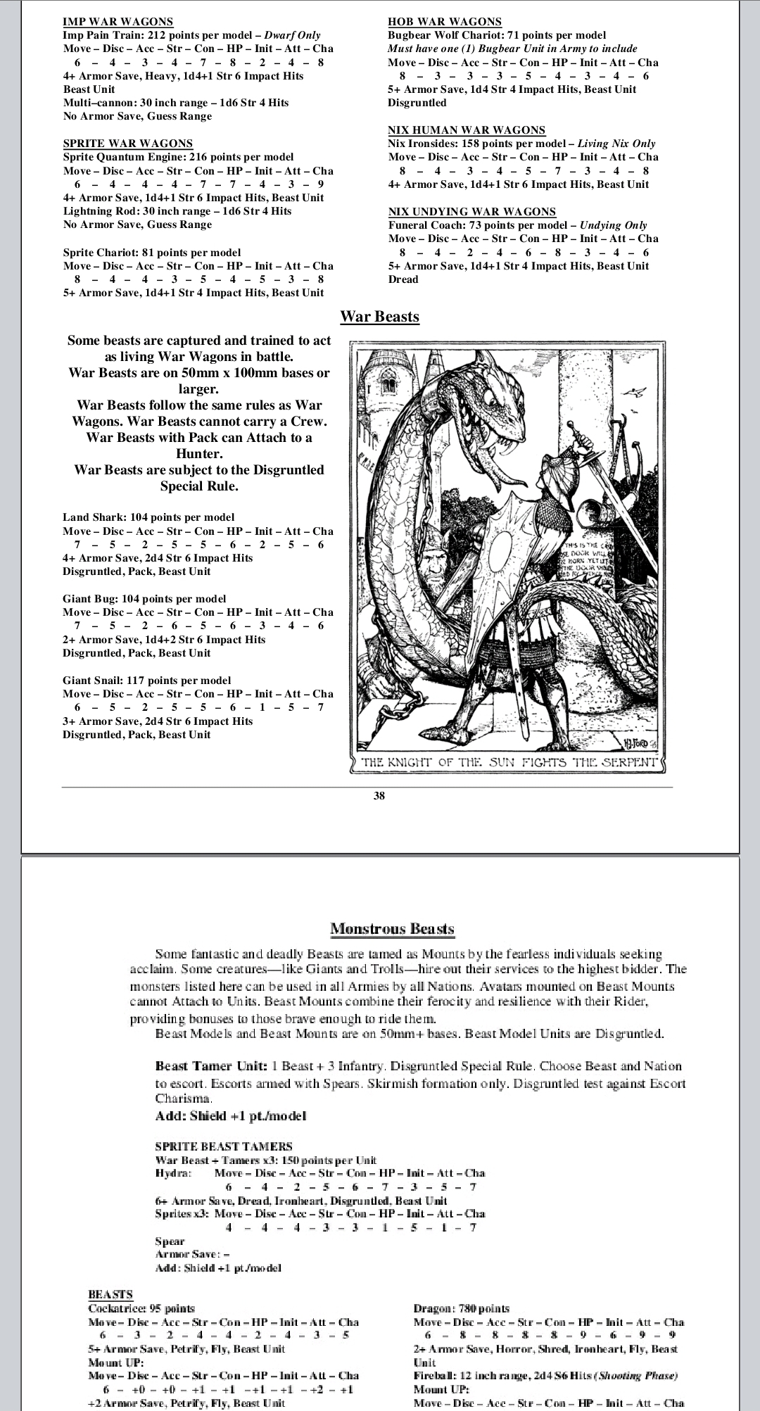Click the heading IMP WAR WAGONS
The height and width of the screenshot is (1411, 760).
click(x=118, y=22)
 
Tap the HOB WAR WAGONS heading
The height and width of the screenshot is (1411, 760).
click(x=445, y=22)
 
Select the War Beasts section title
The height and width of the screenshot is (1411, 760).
click(x=379, y=317)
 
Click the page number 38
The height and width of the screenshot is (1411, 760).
click(x=379, y=796)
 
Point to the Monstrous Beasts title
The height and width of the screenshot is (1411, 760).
click(x=392, y=929)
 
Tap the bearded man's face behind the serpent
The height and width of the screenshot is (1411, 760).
click(x=425, y=567)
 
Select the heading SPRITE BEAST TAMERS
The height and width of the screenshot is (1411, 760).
click(x=223, y=1146)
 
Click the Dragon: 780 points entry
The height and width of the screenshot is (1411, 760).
click(x=461, y=1308)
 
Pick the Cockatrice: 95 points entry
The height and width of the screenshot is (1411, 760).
click(x=141, y=1308)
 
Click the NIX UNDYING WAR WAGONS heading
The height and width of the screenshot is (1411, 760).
click(x=471, y=212)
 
